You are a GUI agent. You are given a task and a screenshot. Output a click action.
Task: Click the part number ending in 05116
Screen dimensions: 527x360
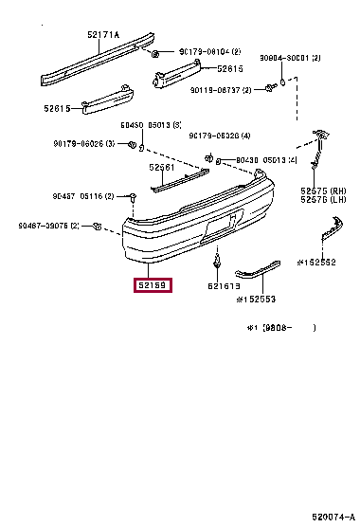click(x=82, y=196)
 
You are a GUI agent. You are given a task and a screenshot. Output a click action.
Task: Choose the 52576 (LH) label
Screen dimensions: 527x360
click(x=322, y=200)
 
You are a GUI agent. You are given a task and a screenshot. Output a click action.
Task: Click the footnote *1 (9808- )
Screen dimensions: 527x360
click(x=280, y=327)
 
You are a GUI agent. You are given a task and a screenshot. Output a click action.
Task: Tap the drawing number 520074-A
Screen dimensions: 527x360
click(x=333, y=518)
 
